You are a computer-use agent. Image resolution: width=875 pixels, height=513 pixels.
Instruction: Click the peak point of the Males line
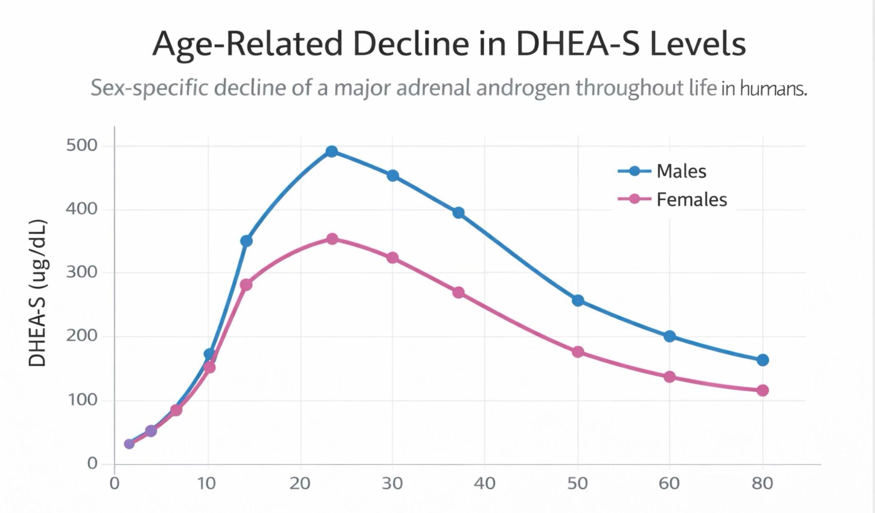click(331, 152)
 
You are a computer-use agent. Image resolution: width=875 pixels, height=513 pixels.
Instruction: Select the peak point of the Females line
click(332, 239)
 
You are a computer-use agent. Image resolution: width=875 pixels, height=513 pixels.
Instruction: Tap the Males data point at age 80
click(763, 360)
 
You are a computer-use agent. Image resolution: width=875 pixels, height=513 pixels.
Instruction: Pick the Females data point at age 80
click(763, 390)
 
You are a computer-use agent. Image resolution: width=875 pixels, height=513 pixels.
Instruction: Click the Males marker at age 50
click(578, 300)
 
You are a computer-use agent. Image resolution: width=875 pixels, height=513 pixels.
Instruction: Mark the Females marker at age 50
click(578, 352)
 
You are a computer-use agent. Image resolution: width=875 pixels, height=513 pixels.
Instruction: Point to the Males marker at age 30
click(393, 176)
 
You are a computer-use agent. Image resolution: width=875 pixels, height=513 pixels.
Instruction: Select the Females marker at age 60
click(670, 377)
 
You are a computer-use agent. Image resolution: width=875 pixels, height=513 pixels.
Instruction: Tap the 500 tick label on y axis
click(82, 145)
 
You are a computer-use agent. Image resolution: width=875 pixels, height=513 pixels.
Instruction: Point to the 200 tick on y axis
click(82, 336)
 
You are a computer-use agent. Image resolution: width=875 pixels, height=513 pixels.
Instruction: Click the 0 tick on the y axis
click(92, 463)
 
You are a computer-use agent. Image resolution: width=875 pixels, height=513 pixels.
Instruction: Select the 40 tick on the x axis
click(485, 483)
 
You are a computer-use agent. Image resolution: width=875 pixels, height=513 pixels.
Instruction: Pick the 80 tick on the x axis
click(762, 483)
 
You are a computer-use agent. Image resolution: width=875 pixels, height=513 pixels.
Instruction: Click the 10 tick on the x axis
click(208, 483)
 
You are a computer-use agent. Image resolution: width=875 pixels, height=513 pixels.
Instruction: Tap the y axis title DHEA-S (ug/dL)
click(37, 293)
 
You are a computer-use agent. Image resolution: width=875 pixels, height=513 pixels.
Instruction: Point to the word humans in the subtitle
click(774, 89)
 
